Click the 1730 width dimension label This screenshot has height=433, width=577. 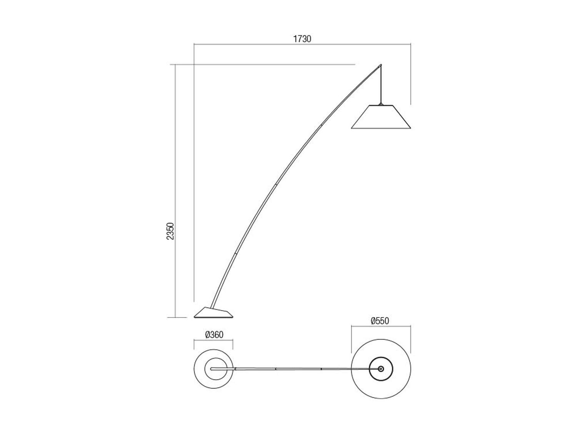coord(302,39)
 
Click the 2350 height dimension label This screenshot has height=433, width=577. coord(170,231)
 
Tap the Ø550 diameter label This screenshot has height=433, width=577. coord(380,321)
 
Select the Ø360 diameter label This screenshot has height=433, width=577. coord(214,335)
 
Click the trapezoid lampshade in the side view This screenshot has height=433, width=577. coord(381,117)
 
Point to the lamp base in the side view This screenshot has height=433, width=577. coord(213,313)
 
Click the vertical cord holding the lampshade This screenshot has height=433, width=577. coord(381,84)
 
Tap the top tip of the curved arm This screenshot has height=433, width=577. coord(381,64)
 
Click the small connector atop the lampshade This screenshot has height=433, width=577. coord(381,104)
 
